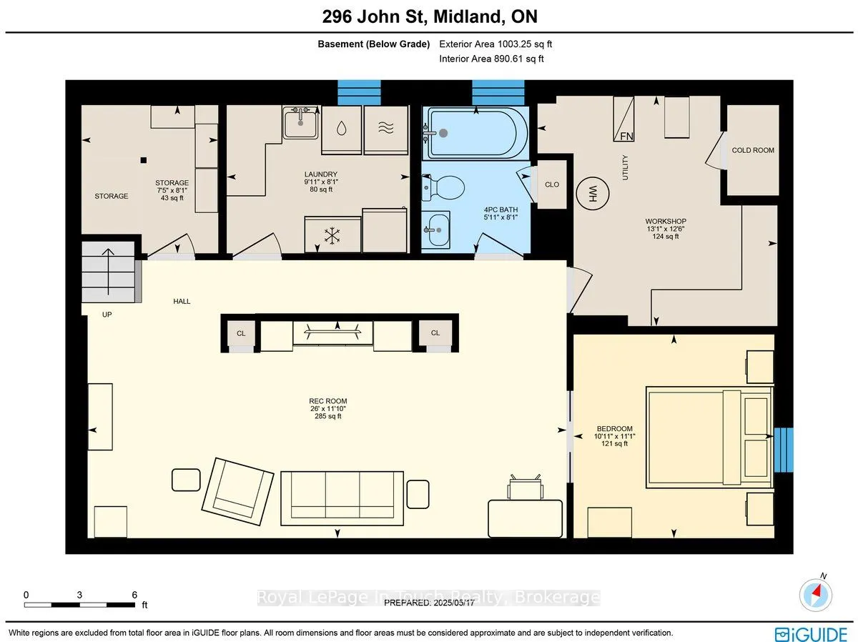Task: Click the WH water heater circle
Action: coord(592,194)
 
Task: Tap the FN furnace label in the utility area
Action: coord(626,136)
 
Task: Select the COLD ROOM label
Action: coord(753,150)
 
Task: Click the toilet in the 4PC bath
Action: coord(443,187)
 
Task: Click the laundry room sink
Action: coord(300,122)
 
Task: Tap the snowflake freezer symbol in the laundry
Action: coord(332,236)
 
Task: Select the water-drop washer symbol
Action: coord(341,128)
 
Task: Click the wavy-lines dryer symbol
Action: coord(386,128)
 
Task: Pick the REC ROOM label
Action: coord(328,401)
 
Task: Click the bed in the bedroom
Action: coord(709,438)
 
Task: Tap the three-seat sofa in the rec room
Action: coord(342,498)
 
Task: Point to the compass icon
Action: coord(815,595)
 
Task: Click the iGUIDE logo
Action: coord(811,633)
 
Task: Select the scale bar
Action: coord(80,605)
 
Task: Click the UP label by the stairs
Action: coord(107,315)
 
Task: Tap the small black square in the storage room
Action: coord(144,160)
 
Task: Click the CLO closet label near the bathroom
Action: coord(552,184)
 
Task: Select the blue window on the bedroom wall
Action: coord(784,450)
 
